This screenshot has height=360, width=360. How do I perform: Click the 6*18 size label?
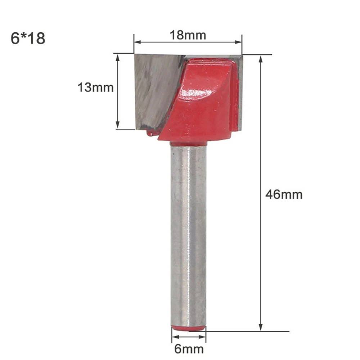pyautogui.click(x=28, y=39)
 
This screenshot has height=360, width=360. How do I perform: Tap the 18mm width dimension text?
pyautogui.click(x=188, y=35)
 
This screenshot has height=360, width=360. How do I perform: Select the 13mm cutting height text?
pyautogui.click(x=96, y=87)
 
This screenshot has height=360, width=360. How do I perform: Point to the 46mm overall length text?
pyautogui.click(x=284, y=194)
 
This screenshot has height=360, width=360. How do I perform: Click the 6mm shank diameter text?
pyautogui.click(x=189, y=349)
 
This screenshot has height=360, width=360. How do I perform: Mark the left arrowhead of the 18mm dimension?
pyautogui.click(x=136, y=42)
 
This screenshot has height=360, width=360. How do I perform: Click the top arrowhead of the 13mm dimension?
pyautogui.click(x=118, y=57)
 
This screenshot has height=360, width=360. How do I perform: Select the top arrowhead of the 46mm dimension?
pyautogui.click(x=261, y=58)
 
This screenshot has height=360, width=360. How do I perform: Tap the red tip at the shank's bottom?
pyautogui.click(x=188, y=328)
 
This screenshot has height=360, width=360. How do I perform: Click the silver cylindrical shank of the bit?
pyautogui.click(x=188, y=234)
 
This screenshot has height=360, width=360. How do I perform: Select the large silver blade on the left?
pyautogui.click(x=153, y=90)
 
